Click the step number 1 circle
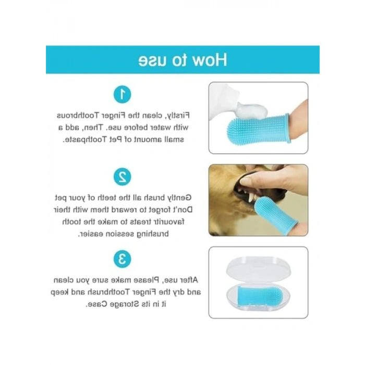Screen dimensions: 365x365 click(x=122, y=94)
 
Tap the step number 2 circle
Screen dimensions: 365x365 click(x=122, y=177)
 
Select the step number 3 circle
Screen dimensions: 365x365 click(x=122, y=259)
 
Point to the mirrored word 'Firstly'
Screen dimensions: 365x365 click(x=177, y=116)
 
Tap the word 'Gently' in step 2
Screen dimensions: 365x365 click(x=178, y=198)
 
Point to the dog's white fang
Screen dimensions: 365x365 click(x=251, y=198)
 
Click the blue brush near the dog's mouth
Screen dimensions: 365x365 click(x=275, y=214)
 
